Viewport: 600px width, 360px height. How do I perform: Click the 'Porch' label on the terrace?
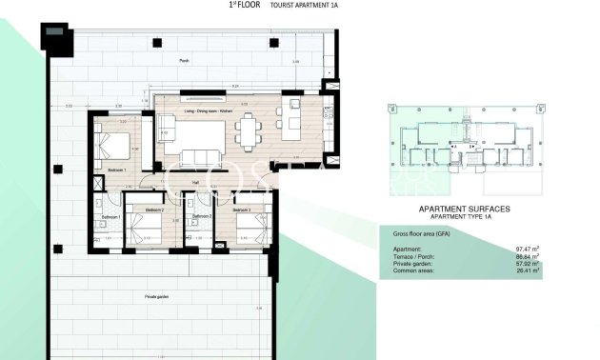coord(184,60)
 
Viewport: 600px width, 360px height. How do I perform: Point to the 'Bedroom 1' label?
coord(117,170)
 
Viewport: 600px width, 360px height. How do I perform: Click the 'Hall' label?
coord(195,183)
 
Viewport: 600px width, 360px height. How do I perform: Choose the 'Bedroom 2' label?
coord(154,210)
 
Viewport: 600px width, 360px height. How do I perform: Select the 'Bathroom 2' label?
coord(200,217)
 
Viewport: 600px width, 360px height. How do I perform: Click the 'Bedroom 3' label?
coord(242,210)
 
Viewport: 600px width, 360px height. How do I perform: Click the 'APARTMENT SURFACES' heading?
coord(464,208)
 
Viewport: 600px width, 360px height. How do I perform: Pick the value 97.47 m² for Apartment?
coord(528,249)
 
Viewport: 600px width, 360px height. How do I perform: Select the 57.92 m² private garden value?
coord(528,264)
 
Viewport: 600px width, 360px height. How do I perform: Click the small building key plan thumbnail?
coord(464,145)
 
